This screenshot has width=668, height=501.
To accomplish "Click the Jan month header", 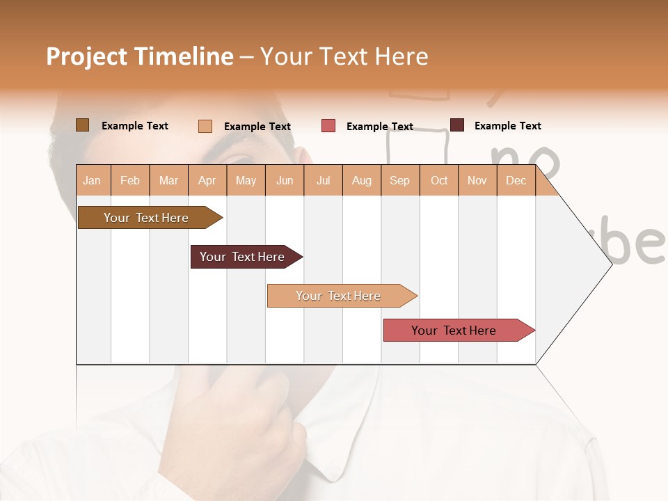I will pyautogui.click(x=93, y=180).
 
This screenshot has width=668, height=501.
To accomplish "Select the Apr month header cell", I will pyautogui.click(x=207, y=180).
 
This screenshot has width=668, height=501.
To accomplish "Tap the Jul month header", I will pyautogui.click(x=323, y=180).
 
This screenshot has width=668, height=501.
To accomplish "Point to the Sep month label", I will pyautogui.click(x=399, y=180).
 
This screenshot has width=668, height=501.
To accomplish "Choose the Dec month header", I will pyautogui.click(x=516, y=180).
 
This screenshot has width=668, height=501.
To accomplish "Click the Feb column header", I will pyautogui.click(x=130, y=180).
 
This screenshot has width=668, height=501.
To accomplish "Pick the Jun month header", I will pyautogui.click(x=285, y=180).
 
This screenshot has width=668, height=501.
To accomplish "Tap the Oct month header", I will pyautogui.click(x=439, y=180).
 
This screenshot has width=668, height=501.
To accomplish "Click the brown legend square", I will pyautogui.click(x=82, y=125).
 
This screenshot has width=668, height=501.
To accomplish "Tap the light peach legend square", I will pyautogui.click(x=205, y=126).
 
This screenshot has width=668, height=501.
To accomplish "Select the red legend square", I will pyautogui.click(x=328, y=126).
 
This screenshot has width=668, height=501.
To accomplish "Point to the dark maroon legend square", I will pyautogui.click(x=457, y=125).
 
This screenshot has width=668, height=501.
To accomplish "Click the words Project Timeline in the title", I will pyautogui.click(x=140, y=56).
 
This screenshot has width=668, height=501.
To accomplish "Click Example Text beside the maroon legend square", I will pyautogui.click(x=507, y=126).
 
